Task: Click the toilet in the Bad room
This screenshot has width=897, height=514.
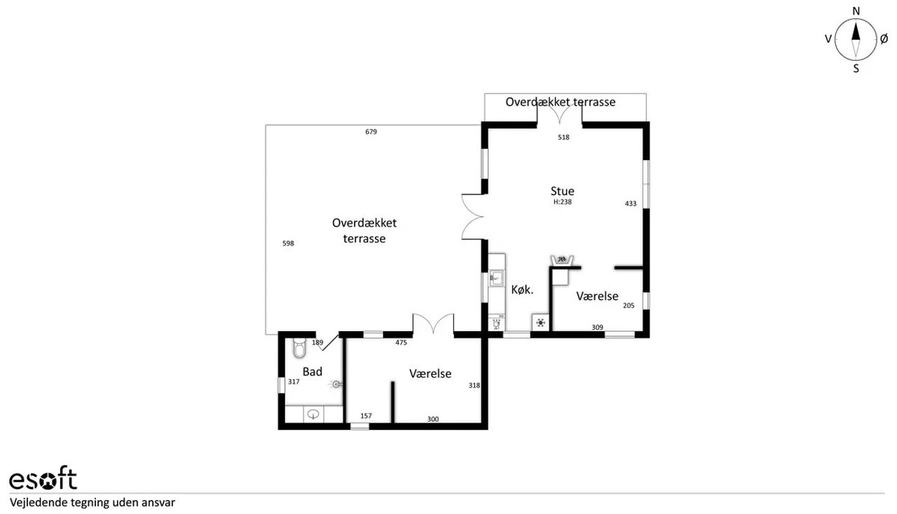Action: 299,348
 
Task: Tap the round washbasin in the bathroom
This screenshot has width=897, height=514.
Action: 313,415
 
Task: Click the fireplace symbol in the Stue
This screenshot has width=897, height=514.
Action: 562,260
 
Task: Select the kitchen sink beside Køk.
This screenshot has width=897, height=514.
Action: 497,278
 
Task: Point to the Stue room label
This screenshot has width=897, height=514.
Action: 562,191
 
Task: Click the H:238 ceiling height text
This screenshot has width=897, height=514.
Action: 563,202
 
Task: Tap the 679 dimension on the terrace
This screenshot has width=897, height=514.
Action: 371,132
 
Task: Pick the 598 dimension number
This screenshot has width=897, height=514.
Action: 288,243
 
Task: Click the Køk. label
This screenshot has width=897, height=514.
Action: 522,290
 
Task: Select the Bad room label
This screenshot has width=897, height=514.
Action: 313,372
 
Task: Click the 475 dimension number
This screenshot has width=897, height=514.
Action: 402,342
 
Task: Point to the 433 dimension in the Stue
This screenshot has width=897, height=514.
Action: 631,203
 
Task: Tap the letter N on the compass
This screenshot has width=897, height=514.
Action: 856,11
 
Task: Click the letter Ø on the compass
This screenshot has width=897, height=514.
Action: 884,39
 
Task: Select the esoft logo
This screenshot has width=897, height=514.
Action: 43,478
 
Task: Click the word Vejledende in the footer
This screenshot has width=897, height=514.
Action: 35,503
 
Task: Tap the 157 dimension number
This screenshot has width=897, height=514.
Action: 366,416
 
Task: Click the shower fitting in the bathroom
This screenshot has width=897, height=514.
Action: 336,384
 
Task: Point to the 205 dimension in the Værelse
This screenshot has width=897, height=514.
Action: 629,305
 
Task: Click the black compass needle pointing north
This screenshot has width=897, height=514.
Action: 856,32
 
